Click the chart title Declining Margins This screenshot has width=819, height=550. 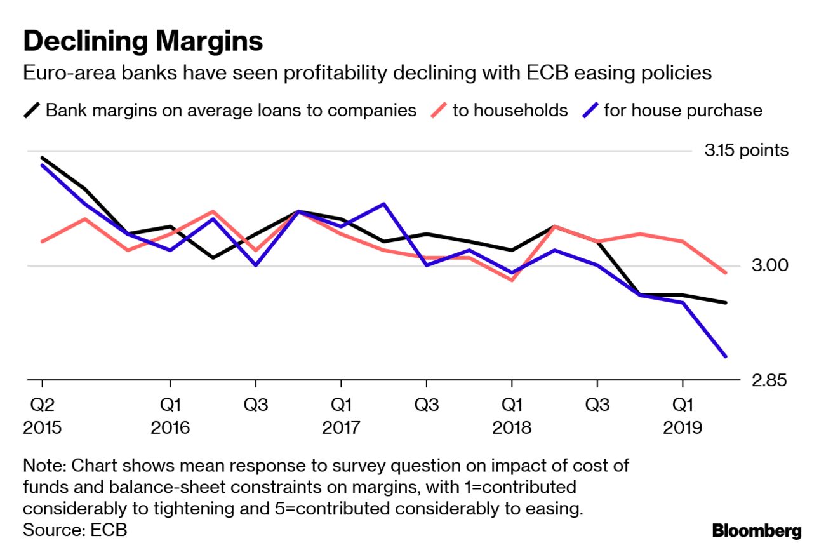143,41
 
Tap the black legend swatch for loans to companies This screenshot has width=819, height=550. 32,111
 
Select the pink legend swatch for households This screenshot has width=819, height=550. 438,111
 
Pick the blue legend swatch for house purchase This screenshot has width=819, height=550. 590,111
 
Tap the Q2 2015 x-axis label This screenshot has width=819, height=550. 42,416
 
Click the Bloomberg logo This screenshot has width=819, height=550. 757,531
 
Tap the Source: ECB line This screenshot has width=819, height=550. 75,530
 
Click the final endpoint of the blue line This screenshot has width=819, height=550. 726,356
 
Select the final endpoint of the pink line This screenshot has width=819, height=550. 726,273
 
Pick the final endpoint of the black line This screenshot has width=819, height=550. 726,302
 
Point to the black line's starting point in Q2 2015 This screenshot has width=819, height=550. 43,158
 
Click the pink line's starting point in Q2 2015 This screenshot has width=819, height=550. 43,241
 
